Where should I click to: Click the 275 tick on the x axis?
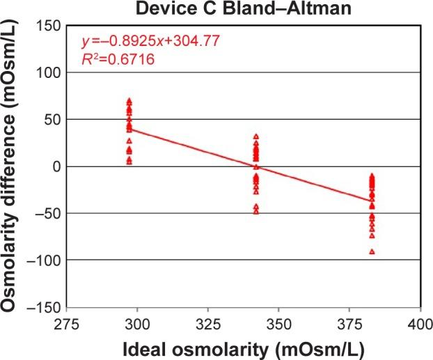click(68, 323)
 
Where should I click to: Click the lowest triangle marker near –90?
click(372, 251)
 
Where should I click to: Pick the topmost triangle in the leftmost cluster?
click(129, 101)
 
